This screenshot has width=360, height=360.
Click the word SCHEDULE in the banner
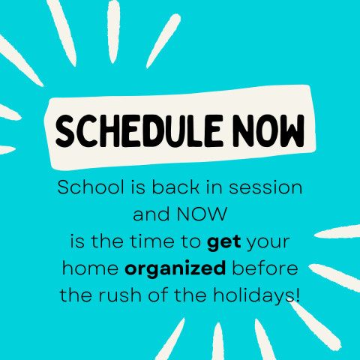pos(139,131)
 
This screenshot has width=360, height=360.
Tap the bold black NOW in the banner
pos(268,131)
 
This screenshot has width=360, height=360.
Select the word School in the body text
pos(91,187)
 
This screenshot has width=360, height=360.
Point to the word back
pos(175,187)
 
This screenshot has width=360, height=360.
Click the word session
pos(265,187)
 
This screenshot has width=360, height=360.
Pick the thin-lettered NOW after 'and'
pos(202,214)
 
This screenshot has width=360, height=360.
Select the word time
pos(151,241)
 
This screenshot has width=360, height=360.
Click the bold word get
pos(224,242)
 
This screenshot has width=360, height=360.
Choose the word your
pos(268,243)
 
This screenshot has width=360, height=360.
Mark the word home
pos(90,268)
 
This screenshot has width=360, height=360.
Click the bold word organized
pos(175,268)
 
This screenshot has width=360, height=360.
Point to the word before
pos(265,268)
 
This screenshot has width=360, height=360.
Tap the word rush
pos(119,295)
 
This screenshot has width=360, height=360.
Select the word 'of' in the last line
pos(157,295)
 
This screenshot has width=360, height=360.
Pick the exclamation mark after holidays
pos(297,295)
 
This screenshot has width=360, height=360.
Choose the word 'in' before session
pos(214,187)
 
